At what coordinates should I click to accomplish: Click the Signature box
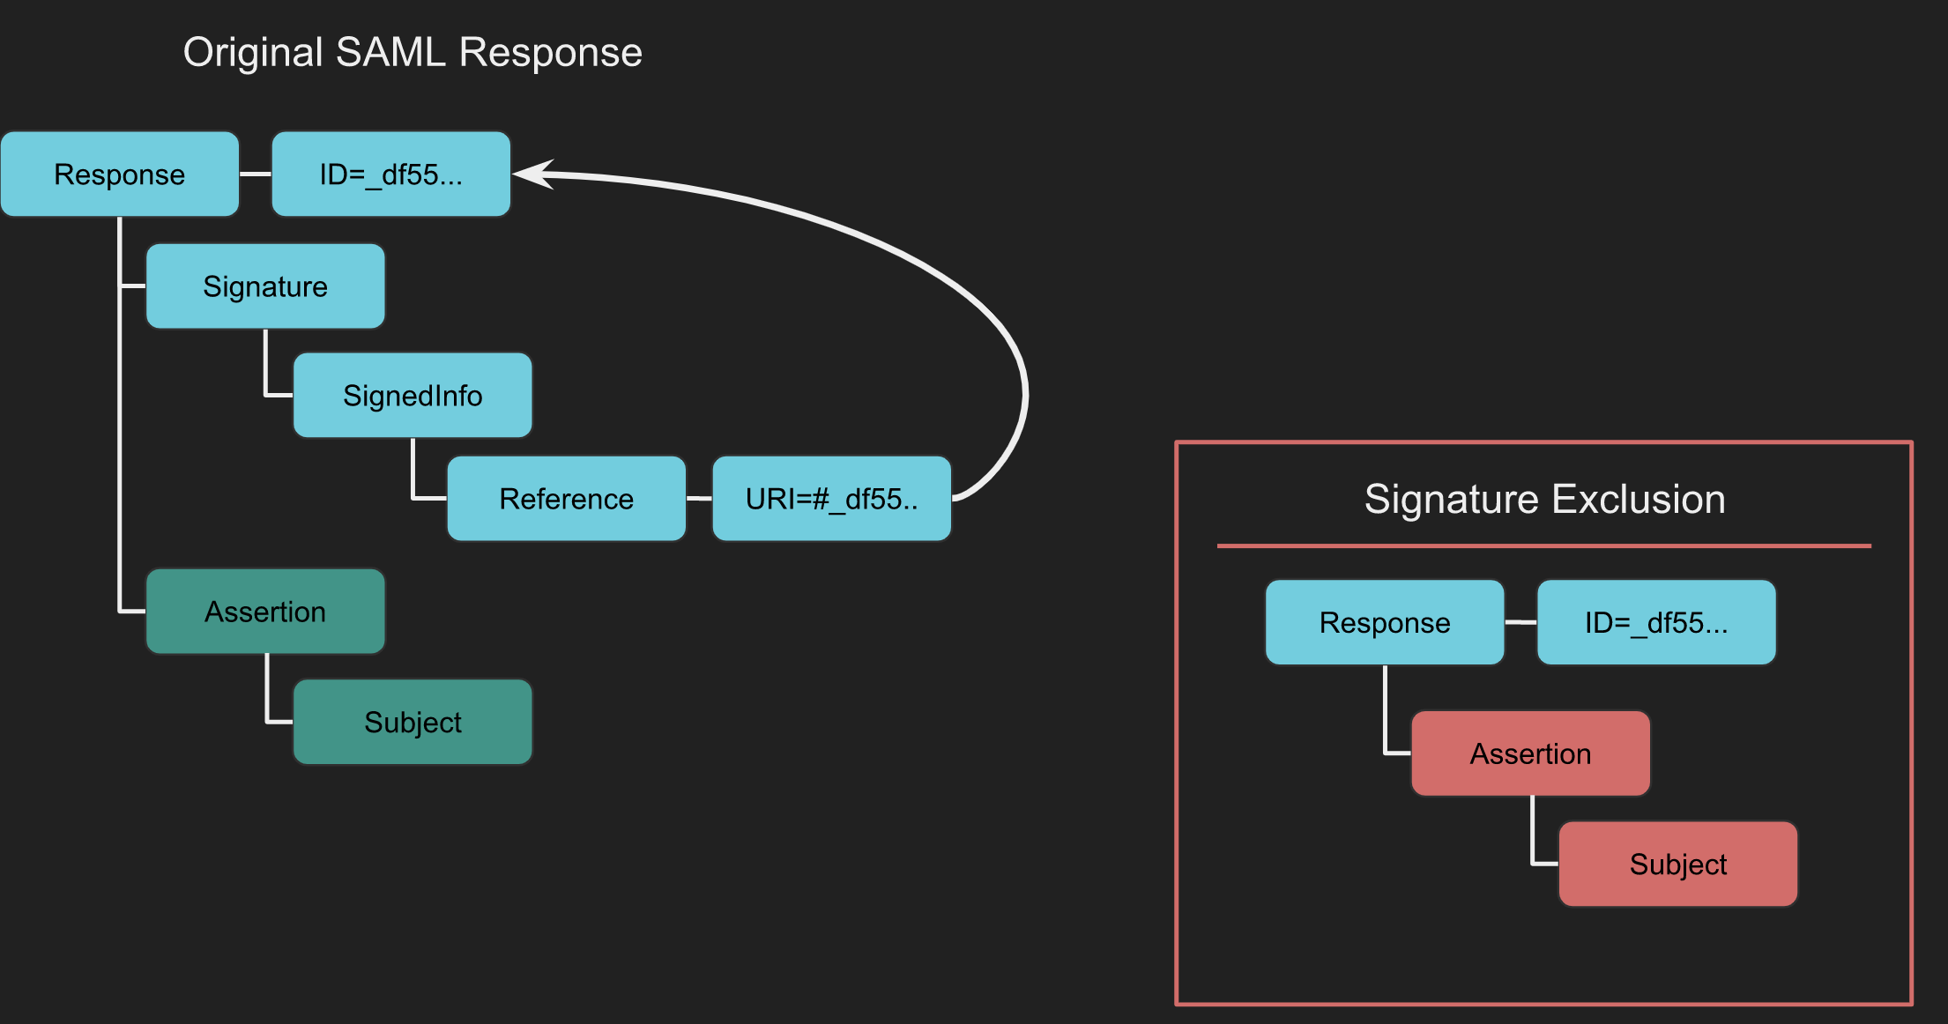click(x=265, y=286)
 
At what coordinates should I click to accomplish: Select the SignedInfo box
click(x=413, y=396)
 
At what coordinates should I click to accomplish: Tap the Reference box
click(x=566, y=499)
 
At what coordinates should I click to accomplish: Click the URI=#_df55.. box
click(x=831, y=499)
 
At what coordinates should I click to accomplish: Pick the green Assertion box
click(x=265, y=612)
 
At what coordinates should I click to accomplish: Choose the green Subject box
click(x=413, y=722)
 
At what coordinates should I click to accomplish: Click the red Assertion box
click(x=1530, y=753)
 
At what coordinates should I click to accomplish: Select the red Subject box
click(x=1677, y=864)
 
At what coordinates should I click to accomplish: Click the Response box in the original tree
click(x=120, y=174)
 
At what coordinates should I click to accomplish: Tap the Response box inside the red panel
click(x=1384, y=622)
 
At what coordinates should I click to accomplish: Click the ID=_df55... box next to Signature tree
click(x=390, y=174)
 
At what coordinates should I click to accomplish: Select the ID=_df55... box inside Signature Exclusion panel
click(x=1655, y=622)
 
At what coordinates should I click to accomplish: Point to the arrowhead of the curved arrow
click(x=529, y=174)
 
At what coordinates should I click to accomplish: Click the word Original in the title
click(x=253, y=53)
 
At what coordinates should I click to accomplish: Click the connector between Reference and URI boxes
click(x=699, y=499)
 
